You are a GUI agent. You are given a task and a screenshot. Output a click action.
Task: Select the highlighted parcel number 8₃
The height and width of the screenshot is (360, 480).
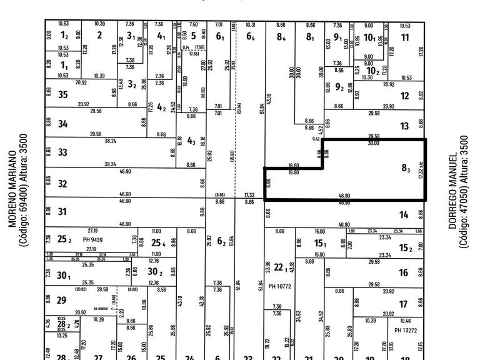coord(406,167)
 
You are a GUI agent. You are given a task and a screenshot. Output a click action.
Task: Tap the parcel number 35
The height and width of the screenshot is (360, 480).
coord(62,95)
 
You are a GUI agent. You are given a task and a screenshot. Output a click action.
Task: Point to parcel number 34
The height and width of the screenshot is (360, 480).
coord(62,124)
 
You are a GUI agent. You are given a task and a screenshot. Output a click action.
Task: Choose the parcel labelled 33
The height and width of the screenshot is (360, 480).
coord(62,152)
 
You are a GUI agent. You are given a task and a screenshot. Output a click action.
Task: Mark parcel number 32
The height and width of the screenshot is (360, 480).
coord(62,184)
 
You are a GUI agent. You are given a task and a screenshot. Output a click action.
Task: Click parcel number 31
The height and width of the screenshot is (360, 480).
coord(62,212)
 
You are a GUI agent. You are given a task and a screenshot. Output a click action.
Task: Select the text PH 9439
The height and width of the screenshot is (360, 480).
coord(92,239)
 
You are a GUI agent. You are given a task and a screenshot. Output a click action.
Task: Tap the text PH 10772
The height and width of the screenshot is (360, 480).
coord(281,286)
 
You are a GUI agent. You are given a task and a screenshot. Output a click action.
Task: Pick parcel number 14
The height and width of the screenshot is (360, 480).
coord(404,215)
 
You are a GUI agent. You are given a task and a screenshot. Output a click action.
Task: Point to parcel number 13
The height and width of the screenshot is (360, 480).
coord(404,126)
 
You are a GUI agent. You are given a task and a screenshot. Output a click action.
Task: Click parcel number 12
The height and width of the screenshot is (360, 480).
coord(404,96)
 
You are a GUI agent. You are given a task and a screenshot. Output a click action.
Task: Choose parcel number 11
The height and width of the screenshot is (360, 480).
coord(405,37)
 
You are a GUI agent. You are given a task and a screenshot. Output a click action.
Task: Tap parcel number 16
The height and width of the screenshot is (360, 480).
coord(403,272)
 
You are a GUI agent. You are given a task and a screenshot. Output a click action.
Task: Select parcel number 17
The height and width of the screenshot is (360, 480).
coord(403,304)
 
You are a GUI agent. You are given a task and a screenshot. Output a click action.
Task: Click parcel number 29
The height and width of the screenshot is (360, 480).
coord(61,301)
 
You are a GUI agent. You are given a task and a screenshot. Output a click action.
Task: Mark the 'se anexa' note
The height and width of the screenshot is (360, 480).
coord(100,309)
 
